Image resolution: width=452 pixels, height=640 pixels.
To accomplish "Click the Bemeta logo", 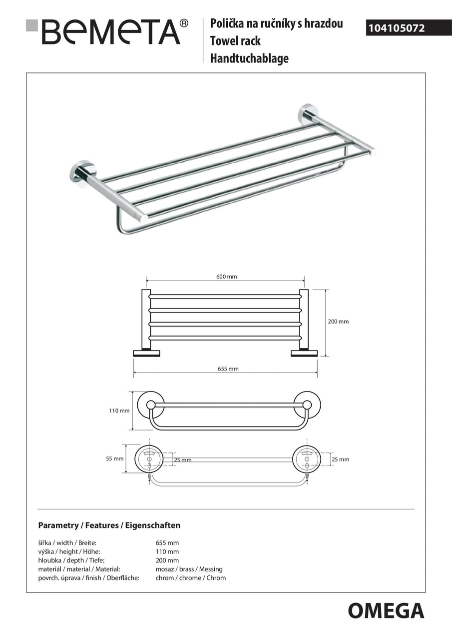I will (108, 32).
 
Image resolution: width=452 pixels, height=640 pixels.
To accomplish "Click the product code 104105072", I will (397, 28).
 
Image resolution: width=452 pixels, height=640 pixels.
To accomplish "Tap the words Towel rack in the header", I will (235, 41).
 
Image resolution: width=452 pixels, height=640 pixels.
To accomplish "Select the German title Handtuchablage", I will (249, 58).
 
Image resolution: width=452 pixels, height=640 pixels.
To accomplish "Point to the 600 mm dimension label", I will (226, 276).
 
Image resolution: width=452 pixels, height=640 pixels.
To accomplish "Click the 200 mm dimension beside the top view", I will (338, 321).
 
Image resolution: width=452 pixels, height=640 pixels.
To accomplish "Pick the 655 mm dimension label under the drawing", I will (228, 368).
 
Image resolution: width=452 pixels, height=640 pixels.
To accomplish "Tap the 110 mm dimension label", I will (119, 410).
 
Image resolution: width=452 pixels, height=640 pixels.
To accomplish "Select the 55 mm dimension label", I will (114, 458).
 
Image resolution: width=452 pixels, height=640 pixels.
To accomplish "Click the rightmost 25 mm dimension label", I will (340, 459).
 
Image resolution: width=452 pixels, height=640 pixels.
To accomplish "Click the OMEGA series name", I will (386, 610).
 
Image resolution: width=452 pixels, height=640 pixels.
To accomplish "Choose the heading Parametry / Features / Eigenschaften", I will (109, 525).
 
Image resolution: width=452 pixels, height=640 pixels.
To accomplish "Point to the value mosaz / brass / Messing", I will (189, 569).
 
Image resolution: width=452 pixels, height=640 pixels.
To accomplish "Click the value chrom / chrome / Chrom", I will (191, 577).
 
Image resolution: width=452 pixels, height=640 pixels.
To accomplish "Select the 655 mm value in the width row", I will (167, 542).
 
